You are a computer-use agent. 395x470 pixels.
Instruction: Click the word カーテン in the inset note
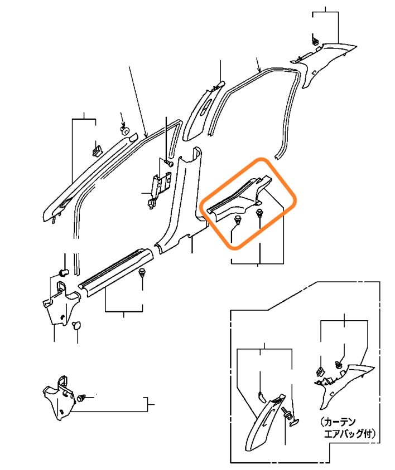click(341, 422)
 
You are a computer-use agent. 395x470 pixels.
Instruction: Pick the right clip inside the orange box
click(259, 214)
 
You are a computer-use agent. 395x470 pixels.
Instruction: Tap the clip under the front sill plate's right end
click(142, 273)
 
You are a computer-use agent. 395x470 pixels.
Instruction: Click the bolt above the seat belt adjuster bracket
click(169, 163)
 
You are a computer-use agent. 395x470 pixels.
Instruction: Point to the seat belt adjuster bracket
click(158, 189)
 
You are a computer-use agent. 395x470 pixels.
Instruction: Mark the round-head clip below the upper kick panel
click(77, 326)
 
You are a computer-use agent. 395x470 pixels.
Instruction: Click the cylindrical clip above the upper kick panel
click(64, 272)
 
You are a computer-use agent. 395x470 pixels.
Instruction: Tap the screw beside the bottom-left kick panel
click(81, 398)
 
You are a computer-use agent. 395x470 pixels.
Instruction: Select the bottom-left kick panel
click(59, 398)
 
